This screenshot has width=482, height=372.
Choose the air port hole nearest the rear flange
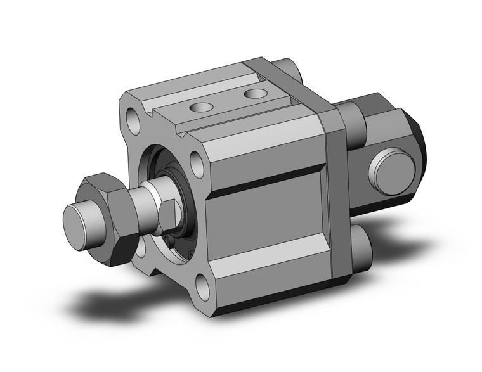tap(256, 94)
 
